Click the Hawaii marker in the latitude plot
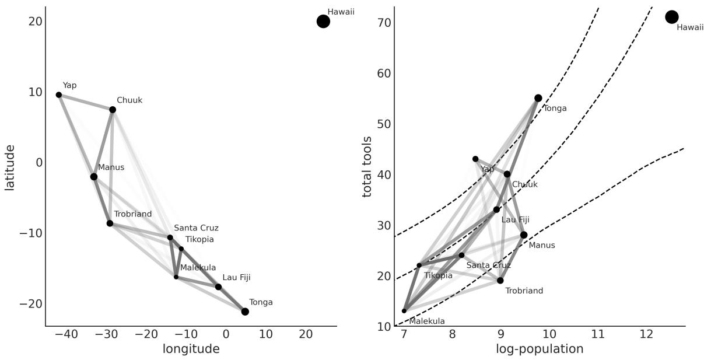(323, 21)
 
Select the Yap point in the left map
(59, 95)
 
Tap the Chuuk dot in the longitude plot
(113, 110)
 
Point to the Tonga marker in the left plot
(245, 312)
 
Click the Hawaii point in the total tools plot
(672, 17)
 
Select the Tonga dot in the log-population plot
(538, 98)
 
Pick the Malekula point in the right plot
(404, 311)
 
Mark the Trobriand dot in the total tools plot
(500, 281)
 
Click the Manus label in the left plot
(111, 167)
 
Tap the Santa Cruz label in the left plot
(196, 228)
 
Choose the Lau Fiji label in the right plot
(516, 220)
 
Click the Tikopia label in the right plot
(438, 275)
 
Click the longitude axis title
(191, 349)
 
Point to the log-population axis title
(540, 349)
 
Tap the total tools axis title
(367, 167)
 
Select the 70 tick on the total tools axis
(383, 23)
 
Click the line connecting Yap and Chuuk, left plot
(86, 102)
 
